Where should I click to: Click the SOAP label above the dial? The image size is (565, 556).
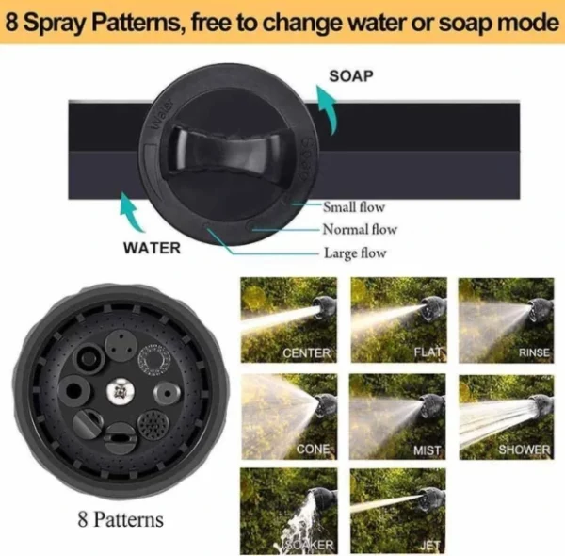coord(351,76)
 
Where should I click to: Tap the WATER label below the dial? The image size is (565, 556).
coord(152,248)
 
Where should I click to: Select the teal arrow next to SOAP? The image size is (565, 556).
coord(327,109)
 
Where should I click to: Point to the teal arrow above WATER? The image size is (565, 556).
coord(132,212)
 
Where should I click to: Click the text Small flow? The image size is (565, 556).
coord(354,207)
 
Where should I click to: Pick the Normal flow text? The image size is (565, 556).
coord(360,229)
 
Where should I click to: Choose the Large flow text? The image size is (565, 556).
coord(355,253)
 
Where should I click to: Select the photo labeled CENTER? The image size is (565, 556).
coord(289,319)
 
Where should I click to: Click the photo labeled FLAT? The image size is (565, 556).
coord(399,319)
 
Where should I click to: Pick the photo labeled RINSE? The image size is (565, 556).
coord(507,320)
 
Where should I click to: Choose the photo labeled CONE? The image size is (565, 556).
coord(289,417)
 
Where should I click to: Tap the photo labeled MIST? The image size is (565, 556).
coord(397,417)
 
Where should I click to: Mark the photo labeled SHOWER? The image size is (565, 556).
coord(507,417)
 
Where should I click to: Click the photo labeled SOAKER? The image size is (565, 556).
coord(289,512)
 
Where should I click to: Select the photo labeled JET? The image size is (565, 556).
coord(398,512)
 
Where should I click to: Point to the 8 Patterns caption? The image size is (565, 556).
coord(121,519)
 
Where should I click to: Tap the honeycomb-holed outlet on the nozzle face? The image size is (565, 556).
coord(153,425)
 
